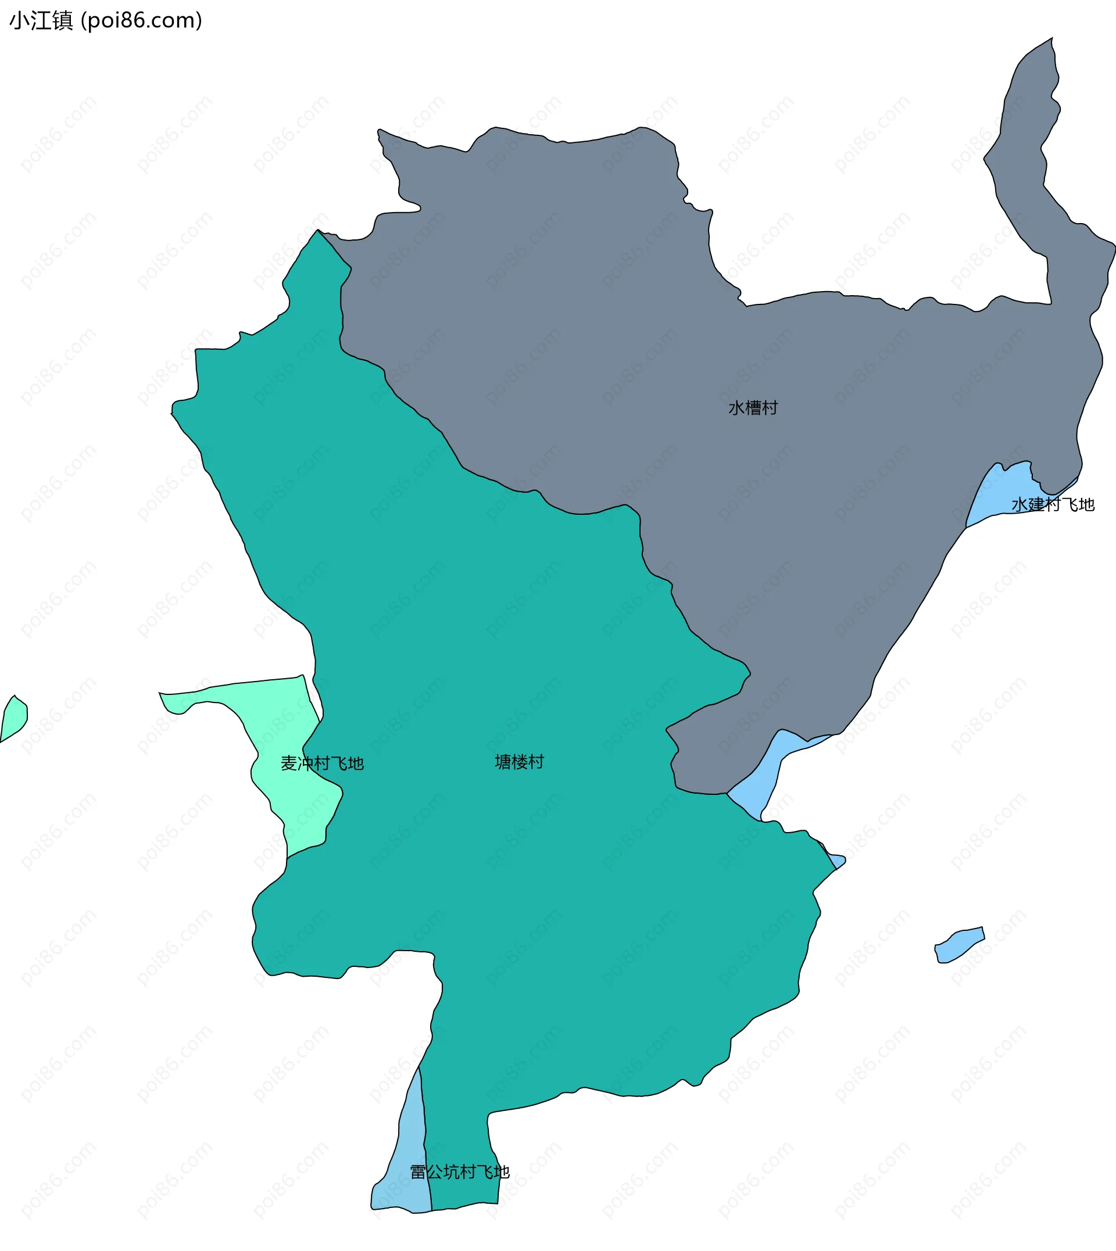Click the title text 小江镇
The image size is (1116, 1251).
(41, 21)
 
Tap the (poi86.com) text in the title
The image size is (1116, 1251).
(142, 21)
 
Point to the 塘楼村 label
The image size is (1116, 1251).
(520, 762)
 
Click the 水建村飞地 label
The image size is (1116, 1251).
(1053, 504)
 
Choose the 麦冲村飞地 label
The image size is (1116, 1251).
(322, 763)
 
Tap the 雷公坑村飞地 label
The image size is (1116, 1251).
(459, 1172)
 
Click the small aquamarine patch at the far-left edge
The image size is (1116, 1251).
(13, 718)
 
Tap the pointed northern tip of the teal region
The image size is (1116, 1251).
(317, 233)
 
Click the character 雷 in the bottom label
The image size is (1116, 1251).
(417, 1172)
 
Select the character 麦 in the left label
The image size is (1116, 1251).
(289, 763)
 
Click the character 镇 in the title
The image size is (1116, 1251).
(63, 21)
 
